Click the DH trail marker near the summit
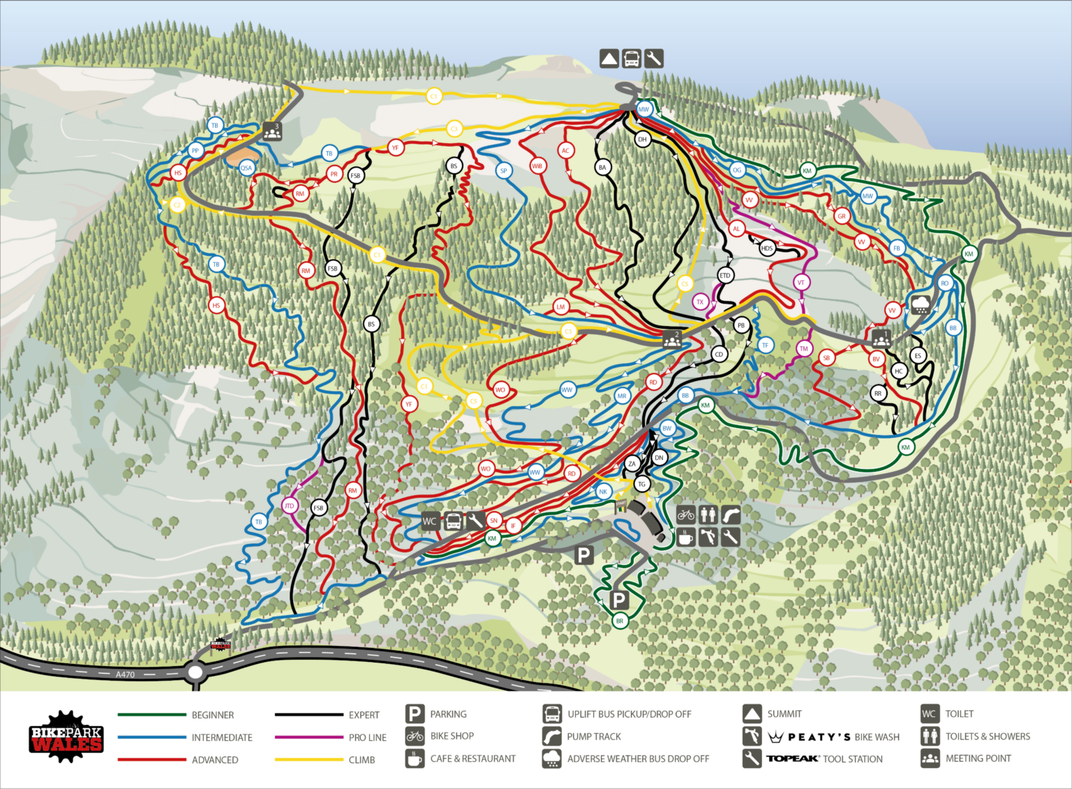(x=642, y=140)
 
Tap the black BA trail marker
(x=602, y=168)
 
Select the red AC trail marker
(x=566, y=151)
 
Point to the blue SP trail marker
(x=503, y=170)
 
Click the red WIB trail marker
(x=537, y=166)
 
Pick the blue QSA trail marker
(x=246, y=168)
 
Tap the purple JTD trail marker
(x=289, y=506)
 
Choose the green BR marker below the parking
(x=619, y=621)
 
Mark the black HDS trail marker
(x=767, y=249)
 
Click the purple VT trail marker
(x=801, y=283)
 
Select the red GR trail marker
(x=842, y=216)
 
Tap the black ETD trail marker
(x=724, y=276)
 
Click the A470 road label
(x=125, y=674)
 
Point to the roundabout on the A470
(x=195, y=673)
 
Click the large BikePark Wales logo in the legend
(x=66, y=737)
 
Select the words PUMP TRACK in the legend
(x=593, y=737)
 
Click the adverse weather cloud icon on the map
(x=921, y=305)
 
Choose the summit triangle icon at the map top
(x=609, y=59)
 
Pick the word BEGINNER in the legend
(x=213, y=715)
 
